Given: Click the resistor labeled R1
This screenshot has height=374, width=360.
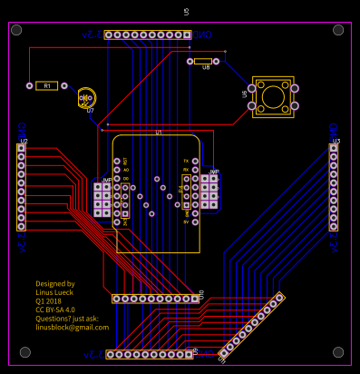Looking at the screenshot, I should (46, 85).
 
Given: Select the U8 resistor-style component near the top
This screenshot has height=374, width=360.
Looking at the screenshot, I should (204, 62).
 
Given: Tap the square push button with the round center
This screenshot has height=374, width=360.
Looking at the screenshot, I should (272, 95).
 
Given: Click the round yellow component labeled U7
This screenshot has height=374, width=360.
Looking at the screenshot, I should (86, 98).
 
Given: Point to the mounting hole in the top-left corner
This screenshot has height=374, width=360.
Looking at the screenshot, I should (16, 30).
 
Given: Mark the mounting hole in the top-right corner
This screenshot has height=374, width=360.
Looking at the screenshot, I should (338, 30).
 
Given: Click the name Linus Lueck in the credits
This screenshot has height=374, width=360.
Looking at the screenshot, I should (57, 292).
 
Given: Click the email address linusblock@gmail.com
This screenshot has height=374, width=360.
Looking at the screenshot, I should (72, 327).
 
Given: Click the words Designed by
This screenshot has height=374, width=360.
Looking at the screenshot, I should (55, 284).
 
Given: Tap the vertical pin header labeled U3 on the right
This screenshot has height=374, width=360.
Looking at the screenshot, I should (334, 186).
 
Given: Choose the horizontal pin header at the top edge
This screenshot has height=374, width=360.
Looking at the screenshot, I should (148, 34).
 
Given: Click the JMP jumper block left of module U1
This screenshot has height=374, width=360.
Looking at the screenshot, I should (102, 200).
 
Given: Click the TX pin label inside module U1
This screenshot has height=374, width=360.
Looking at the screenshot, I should (186, 160).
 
